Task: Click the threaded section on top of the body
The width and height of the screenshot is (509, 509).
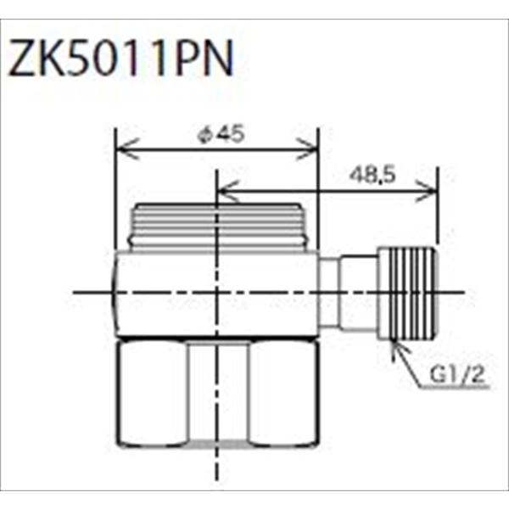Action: [216, 227]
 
